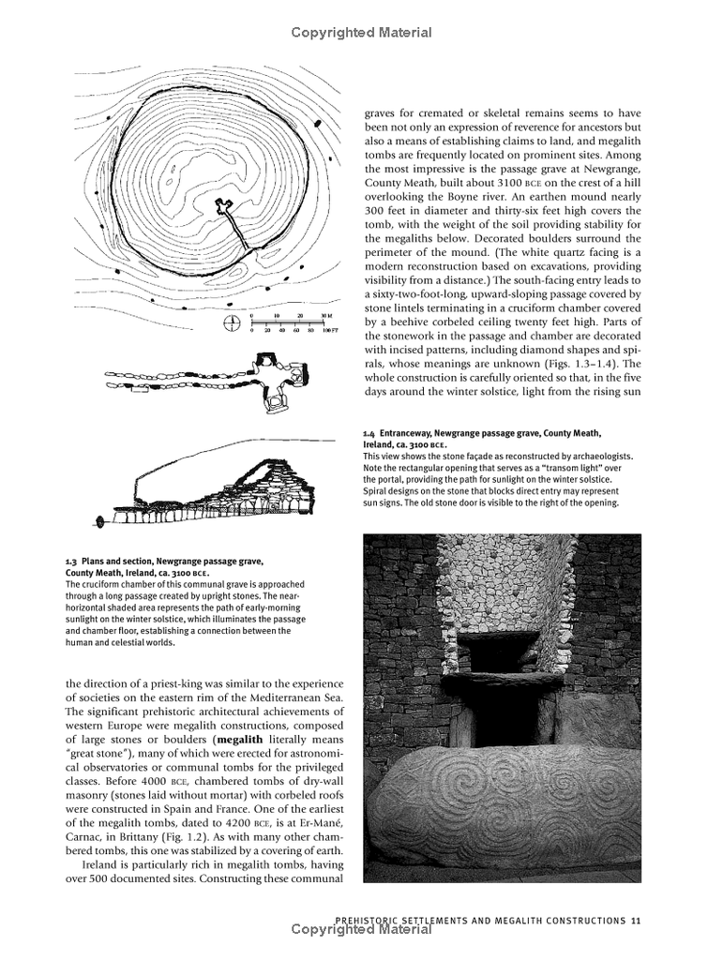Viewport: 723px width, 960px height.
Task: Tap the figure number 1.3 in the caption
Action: coord(72,562)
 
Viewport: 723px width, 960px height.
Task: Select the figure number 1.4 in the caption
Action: coord(369,433)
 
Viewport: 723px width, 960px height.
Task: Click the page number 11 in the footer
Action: coord(636,920)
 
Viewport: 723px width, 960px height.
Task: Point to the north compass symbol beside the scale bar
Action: coord(232,324)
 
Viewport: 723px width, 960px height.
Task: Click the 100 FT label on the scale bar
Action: coord(328,331)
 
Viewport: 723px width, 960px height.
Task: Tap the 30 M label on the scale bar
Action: coord(325,316)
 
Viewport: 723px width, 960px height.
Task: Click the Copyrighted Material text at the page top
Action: coord(361,33)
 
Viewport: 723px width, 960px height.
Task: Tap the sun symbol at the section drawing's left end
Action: coord(98,521)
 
